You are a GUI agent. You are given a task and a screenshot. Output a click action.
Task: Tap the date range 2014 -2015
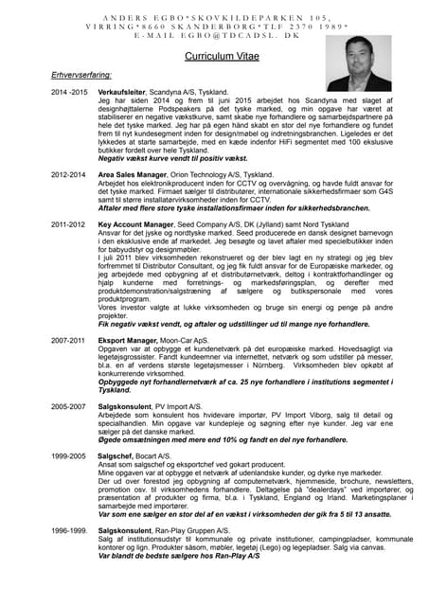(69, 94)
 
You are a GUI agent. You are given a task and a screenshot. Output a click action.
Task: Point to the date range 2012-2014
(68, 175)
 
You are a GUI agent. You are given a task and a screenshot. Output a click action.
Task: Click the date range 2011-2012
(68, 225)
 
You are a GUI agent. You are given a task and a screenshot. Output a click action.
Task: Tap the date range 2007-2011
(68, 338)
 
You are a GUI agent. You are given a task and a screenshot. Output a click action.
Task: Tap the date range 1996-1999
(68, 532)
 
